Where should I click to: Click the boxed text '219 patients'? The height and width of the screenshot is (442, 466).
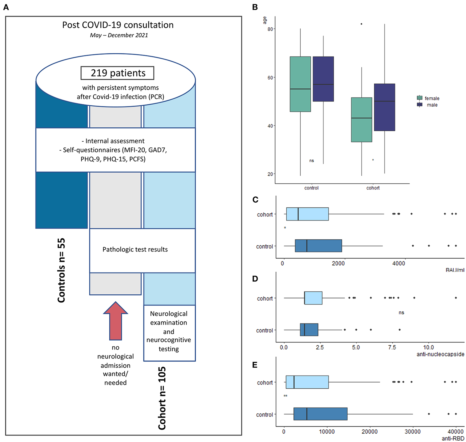coord(117,73)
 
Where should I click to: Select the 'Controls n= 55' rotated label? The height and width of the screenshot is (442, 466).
coord(61,270)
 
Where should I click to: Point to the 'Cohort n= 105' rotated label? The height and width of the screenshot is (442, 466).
coord(162,398)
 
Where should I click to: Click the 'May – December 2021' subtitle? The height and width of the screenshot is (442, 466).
coord(119,35)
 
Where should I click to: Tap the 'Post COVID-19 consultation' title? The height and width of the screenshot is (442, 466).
coord(118,25)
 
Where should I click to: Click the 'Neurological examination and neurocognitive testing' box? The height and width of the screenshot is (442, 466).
coord(169,331)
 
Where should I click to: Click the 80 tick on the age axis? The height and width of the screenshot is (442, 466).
coord(270,29)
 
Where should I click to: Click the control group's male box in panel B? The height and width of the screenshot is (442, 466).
coord(323,79)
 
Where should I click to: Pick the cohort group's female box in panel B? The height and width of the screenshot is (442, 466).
coord(362,120)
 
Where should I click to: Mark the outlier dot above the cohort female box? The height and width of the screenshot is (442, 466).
coord(362,24)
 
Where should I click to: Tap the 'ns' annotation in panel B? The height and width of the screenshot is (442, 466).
coord(312,161)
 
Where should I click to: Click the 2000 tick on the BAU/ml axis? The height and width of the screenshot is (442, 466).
coord(338,264)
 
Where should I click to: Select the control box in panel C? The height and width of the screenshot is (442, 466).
coord(318,246)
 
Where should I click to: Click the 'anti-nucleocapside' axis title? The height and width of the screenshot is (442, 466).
coord(440,354)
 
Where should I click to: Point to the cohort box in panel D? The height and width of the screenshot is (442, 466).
coord(313,298)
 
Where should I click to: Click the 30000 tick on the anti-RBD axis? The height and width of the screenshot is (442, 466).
coord(412,432)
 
